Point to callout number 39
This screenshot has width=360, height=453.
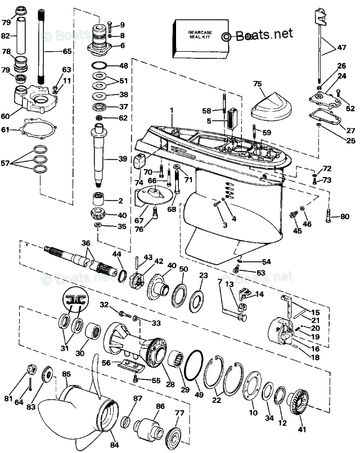[x=122, y=160]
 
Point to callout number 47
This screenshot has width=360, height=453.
[x=341, y=49]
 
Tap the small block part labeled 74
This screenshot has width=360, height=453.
[x=140, y=161]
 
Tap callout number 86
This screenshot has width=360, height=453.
[x=160, y=405]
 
